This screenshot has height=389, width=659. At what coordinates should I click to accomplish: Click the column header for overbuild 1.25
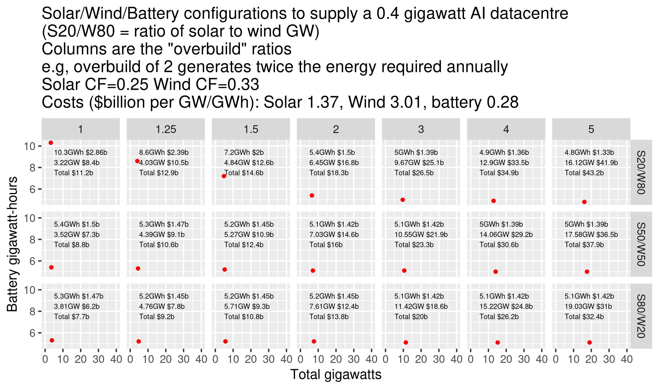pyautogui.click(x=166, y=129)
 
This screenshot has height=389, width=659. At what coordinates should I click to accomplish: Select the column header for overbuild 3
pyautogui.click(x=421, y=129)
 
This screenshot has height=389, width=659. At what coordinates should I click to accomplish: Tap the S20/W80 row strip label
pyautogui.click(x=641, y=172)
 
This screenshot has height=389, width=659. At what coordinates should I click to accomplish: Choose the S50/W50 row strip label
pyautogui.click(x=641, y=244)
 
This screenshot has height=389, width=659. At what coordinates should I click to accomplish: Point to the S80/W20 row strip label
pyautogui.click(x=641, y=316)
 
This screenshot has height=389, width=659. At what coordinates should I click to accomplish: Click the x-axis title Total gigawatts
pyautogui.click(x=336, y=375)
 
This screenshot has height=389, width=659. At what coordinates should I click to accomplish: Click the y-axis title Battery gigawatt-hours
pyautogui.click(x=13, y=244)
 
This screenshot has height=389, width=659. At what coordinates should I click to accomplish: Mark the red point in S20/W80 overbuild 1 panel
pyautogui.click(x=51, y=143)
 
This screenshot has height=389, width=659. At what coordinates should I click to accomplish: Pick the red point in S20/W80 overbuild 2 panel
pyautogui.click(x=312, y=195)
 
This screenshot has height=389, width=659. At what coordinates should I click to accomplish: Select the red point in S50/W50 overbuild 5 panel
pyautogui.click(x=587, y=272)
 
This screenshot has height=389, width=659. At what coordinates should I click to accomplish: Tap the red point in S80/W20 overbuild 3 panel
pyautogui.click(x=406, y=342)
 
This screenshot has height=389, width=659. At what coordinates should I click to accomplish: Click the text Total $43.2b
pyautogui.click(x=584, y=173)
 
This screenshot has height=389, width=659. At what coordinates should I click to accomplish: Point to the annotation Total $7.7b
pyautogui.click(x=72, y=317)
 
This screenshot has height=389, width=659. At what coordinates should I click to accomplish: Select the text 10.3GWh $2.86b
pyautogui.click(x=81, y=152)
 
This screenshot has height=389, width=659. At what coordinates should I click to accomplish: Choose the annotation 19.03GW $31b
pyautogui.click(x=588, y=306)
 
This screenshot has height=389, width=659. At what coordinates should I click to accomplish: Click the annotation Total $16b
pyautogui.click(x=326, y=245)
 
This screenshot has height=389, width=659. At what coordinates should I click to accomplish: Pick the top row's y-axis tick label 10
pyautogui.click(x=29, y=146)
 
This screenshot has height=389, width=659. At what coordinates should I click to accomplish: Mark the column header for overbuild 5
pyautogui.click(x=591, y=129)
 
